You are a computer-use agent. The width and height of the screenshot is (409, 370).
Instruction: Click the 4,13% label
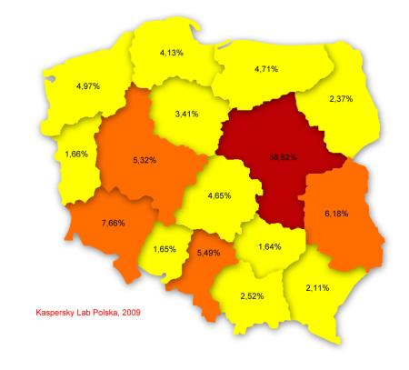172,53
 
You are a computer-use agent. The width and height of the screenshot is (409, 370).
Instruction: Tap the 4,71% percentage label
266,68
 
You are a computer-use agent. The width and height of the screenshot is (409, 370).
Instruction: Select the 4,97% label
88,85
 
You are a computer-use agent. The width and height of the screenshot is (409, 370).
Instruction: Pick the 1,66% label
76,153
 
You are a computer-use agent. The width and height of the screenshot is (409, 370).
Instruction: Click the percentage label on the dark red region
284,156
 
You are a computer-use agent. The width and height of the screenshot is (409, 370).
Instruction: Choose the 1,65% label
164,249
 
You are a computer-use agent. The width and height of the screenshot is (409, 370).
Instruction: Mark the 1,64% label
270,245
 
